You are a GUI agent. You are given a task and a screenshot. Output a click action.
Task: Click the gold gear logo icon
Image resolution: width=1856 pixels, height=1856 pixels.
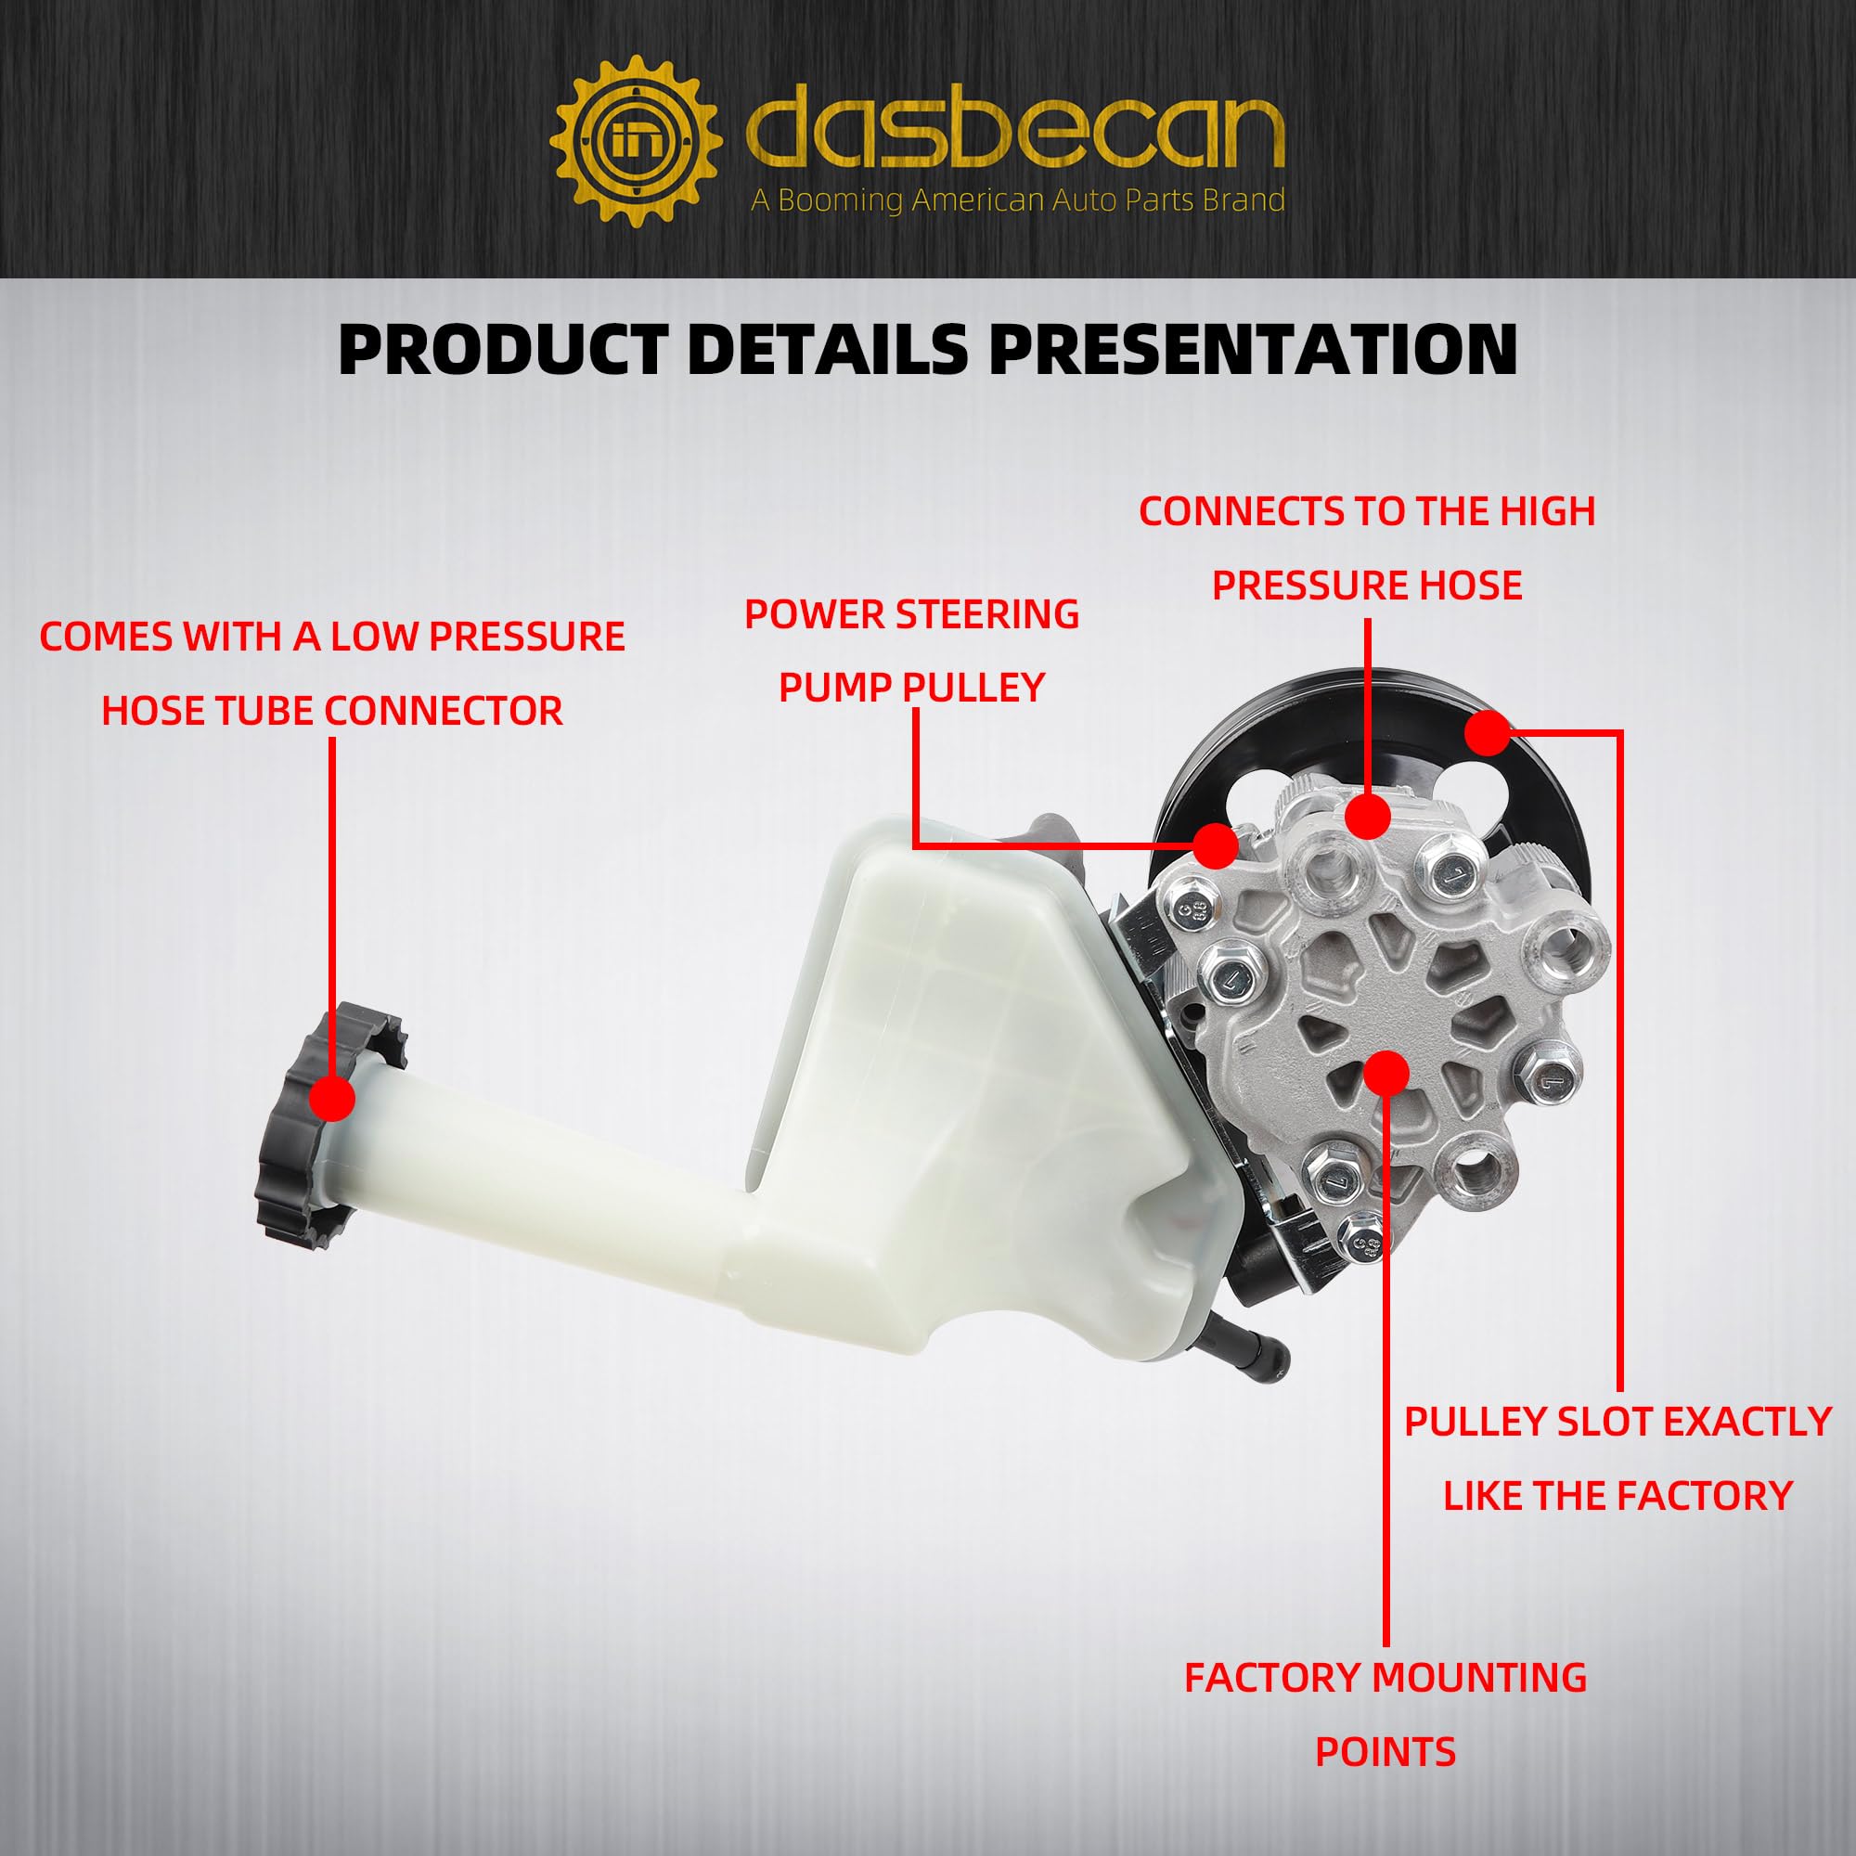636,141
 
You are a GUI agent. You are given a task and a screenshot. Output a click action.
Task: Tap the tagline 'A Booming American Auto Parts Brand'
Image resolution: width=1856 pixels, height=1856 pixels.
1017,200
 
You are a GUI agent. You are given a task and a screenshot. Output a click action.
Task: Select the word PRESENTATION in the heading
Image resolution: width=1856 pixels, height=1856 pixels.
1254,349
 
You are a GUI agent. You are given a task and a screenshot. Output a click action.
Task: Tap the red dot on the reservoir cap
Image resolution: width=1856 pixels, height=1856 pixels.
332,1098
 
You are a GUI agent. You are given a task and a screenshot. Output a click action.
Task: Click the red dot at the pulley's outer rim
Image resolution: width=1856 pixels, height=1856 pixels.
1489,733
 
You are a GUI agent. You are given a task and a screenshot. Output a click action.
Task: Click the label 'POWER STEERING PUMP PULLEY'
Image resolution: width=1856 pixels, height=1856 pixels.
911,651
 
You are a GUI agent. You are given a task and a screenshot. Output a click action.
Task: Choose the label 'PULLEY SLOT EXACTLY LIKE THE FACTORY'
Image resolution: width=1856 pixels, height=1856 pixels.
1618,1457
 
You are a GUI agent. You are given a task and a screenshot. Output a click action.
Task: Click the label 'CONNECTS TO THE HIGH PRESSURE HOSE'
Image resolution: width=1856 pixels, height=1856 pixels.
1367,548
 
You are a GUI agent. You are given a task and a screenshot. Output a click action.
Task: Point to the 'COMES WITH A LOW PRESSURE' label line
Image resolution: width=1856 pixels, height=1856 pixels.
332,637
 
